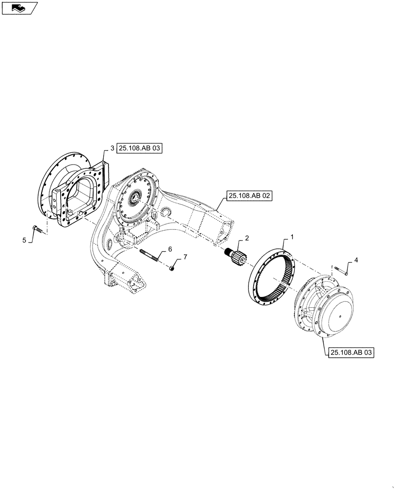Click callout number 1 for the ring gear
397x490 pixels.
(292, 237)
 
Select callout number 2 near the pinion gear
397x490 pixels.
(246, 238)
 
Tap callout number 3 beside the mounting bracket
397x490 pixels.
(111, 148)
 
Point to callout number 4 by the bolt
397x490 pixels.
(355, 261)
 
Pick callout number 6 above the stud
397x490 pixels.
(170, 249)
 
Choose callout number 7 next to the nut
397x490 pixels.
(185, 257)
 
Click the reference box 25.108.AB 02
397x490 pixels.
(249, 196)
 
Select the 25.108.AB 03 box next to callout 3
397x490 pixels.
(139, 148)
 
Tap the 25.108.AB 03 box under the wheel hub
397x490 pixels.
(350, 352)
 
